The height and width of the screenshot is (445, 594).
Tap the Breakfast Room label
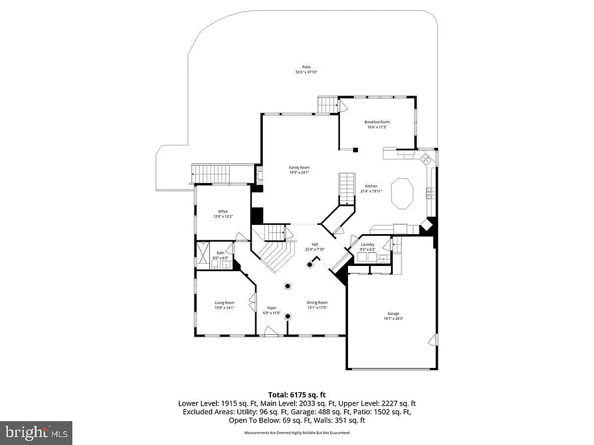tap(376, 122)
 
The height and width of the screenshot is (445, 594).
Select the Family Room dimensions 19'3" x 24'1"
tap(299, 172)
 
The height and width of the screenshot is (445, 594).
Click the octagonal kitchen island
tap(402, 194)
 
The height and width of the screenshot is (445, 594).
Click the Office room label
tap(223, 211)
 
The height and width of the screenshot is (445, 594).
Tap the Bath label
tap(220, 253)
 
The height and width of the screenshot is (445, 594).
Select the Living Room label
tap(224, 302)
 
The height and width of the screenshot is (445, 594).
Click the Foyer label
tap(271, 308)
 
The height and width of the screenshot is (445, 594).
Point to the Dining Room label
tap(317, 302)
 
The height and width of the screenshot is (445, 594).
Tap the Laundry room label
tap(367, 245)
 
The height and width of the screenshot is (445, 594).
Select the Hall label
tap(314, 245)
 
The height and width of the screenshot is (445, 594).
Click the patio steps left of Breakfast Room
tap(328, 105)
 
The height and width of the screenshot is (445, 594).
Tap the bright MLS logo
tap(36, 432)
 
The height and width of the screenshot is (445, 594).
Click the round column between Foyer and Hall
tap(288, 286)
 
